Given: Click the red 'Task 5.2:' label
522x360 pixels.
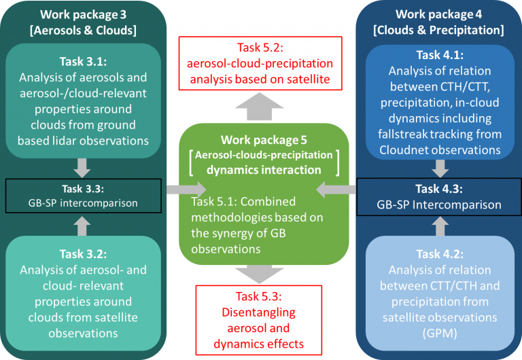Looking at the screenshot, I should [x=262, y=47].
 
